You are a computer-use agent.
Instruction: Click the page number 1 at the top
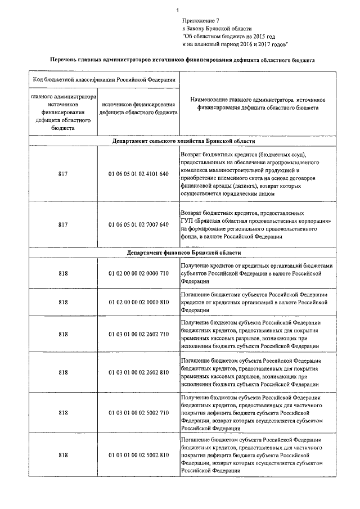[x=177, y=10]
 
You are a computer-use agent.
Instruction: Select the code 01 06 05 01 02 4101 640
[x=138, y=174]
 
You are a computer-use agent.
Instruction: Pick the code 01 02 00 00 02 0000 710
[x=138, y=273]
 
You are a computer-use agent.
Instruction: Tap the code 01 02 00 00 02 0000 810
[x=138, y=302]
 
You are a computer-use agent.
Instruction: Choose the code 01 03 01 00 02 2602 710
[x=138, y=334]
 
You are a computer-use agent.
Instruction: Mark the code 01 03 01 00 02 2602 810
[x=138, y=372]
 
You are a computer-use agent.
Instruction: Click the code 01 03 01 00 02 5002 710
[x=138, y=413]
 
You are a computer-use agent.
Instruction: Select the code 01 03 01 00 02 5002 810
[x=138, y=454]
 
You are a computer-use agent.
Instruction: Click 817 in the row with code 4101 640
[x=62, y=174]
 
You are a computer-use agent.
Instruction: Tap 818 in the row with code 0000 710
[x=62, y=273]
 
